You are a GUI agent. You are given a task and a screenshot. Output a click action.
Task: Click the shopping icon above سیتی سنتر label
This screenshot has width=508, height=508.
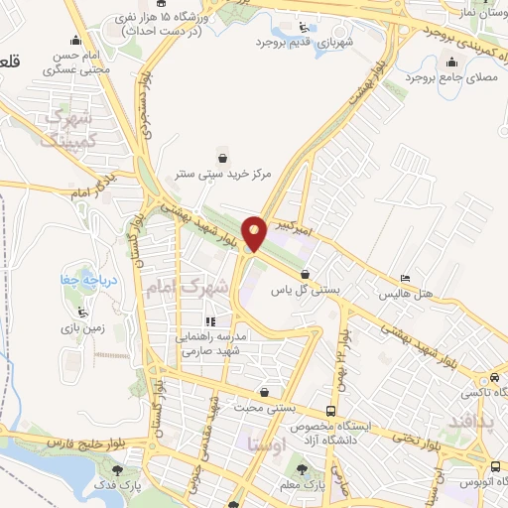223,157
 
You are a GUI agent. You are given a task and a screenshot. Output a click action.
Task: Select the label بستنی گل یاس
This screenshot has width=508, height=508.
307,291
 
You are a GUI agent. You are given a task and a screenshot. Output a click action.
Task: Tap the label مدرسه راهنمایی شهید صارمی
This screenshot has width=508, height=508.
212,343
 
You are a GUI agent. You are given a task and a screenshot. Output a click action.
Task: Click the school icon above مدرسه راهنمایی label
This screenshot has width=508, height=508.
209,321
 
